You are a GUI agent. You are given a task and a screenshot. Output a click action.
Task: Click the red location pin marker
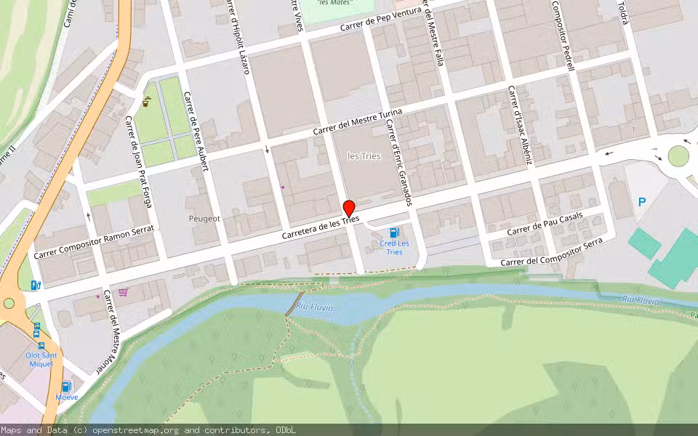point(348,208)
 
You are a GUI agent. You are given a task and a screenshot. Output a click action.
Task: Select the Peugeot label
point(204,218)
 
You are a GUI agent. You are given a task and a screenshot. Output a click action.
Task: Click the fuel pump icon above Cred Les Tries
point(394,232)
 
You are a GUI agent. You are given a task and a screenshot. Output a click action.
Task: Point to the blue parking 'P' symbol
point(641,202)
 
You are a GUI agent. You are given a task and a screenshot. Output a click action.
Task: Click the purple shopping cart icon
point(124,292)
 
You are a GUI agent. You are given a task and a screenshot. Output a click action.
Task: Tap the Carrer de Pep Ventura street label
point(375,23)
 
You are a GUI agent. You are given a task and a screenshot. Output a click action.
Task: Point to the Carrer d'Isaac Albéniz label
point(520,125)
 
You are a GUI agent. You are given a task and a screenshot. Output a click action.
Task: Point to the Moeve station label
point(66,397)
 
